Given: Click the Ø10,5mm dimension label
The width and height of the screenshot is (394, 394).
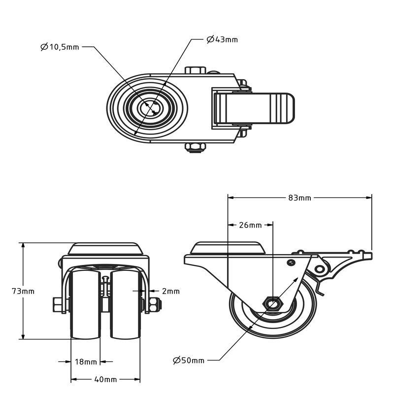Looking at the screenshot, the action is coord(60,47).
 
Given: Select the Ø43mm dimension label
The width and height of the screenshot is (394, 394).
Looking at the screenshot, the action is coord(222,39).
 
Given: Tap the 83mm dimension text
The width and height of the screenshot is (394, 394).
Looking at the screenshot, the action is coord(299,198).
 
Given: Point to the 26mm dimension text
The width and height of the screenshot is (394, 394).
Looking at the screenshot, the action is coord(250,225).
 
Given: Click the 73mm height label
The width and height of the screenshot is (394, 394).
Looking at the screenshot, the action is coord(23,291).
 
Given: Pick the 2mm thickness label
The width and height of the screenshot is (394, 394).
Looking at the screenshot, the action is coord(171,291).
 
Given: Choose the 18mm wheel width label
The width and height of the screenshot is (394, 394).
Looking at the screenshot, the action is coord(86,362).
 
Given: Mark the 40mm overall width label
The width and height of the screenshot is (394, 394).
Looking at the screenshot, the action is coord(105,379).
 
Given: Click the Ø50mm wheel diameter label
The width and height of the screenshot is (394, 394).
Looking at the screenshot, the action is coord(189,361).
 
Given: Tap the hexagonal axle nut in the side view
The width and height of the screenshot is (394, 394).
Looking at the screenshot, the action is coord(273,304).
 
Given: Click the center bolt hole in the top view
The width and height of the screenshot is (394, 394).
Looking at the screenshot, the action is coord(150,108).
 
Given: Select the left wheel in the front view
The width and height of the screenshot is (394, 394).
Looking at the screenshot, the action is coord(85,305).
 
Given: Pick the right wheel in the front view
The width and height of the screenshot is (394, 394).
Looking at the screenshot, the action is coord(126,305).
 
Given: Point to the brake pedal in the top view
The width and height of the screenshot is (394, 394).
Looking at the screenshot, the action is coord(254,108).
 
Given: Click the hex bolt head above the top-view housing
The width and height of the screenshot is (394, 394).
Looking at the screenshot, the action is coord(196,70).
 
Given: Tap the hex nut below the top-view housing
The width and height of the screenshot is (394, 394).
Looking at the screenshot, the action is coord(195,147).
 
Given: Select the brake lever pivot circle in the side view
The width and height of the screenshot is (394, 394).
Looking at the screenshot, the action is coord(319,269).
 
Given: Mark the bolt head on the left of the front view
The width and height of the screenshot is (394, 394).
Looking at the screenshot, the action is coord(58,304).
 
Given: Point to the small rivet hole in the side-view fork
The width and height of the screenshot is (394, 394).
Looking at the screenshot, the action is coord(291,263).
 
